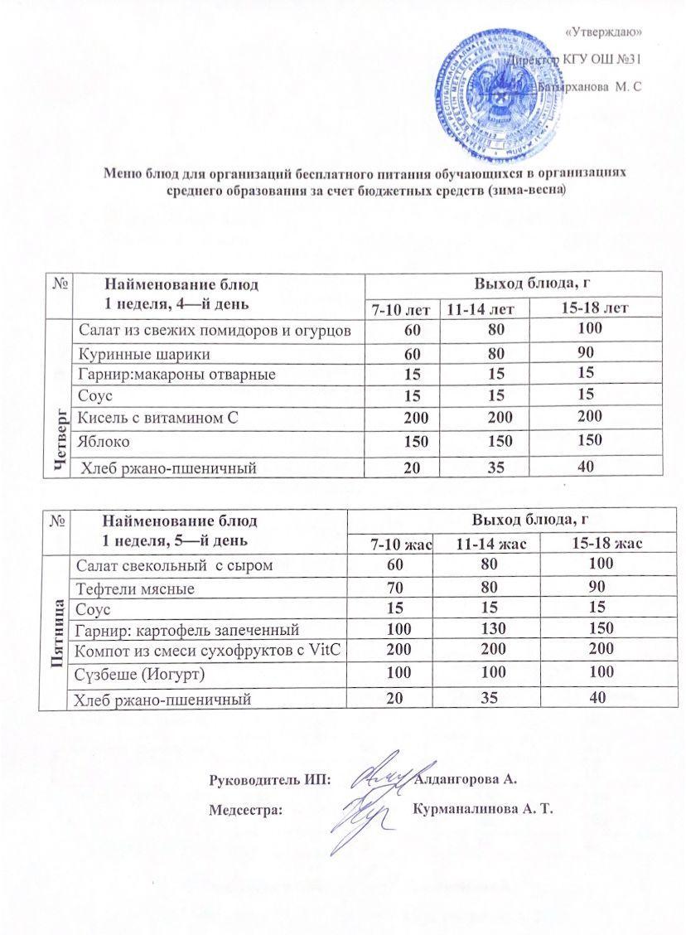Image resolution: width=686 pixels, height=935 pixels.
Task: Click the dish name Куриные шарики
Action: tap(143, 353)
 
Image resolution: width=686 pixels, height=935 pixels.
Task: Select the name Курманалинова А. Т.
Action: tap(485, 808)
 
